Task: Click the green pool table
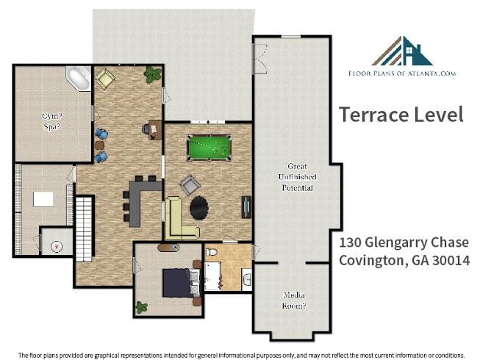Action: pyautogui.click(x=209, y=148)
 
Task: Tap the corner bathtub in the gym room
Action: pyautogui.click(x=79, y=78)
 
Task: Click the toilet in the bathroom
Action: pyautogui.click(x=211, y=252)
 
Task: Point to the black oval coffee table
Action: pyautogui.click(x=199, y=208)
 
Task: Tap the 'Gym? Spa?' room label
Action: pyautogui.click(x=52, y=121)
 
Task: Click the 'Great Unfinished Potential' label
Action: pyautogui.click(x=297, y=177)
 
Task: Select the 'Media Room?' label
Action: pyautogui.click(x=294, y=300)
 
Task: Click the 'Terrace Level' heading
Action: pyautogui.click(x=401, y=114)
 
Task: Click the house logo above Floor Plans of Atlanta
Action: pyautogui.click(x=402, y=51)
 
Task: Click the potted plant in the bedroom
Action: pyautogui.click(x=141, y=307)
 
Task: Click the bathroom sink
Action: pyautogui.click(x=247, y=278)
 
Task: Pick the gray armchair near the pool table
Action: pyautogui.click(x=190, y=184)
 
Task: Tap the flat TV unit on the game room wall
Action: pyautogui.click(x=246, y=207)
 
